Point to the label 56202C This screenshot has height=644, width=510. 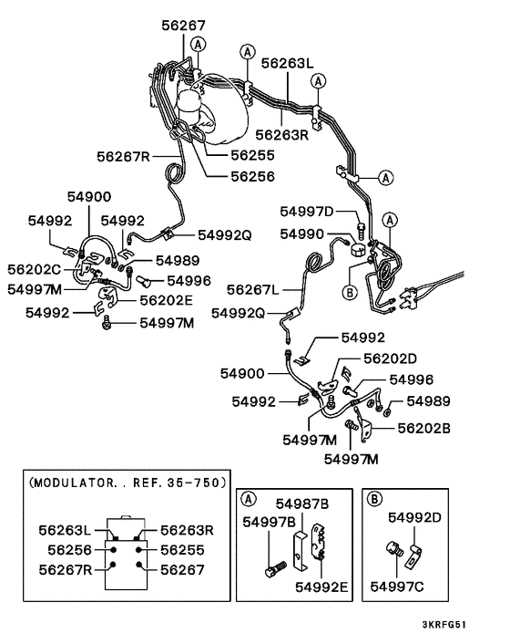point(35,270)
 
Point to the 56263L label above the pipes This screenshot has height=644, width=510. point(288,64)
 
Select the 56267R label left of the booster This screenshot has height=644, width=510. point(123,156)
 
